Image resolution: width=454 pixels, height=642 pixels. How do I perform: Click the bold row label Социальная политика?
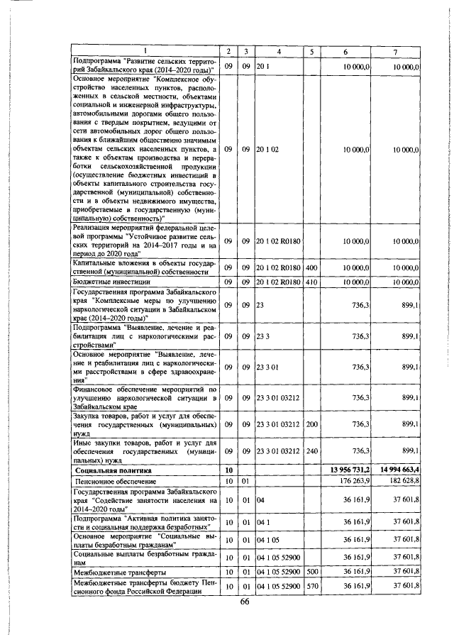[116, 470]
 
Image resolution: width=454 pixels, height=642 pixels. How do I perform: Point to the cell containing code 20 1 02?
[270, 150]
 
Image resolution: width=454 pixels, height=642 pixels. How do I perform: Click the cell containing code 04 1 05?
[270, 541]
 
